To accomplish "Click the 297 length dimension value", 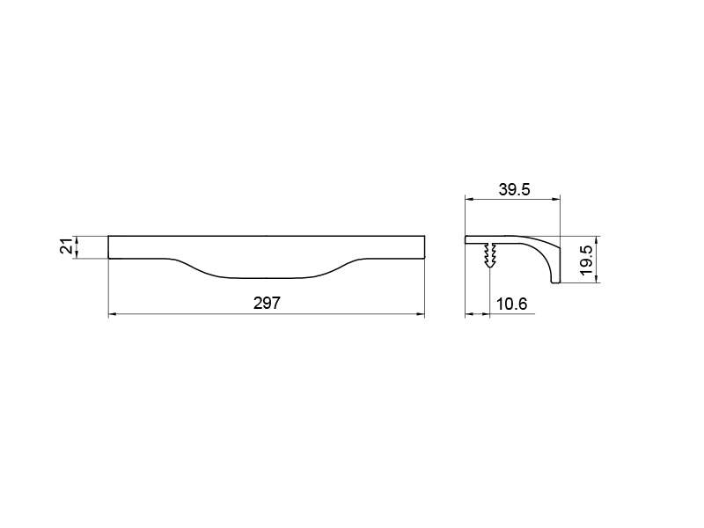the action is tap(267, 303).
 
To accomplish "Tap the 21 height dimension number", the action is tap(67, 246).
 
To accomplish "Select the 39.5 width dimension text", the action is tap(514, 189).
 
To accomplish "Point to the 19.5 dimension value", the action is tap(586, 260).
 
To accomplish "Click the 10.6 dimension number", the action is tap(511, 304).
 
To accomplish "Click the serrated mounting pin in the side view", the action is tap(490, 254).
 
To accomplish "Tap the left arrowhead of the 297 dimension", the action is tap(113, 314).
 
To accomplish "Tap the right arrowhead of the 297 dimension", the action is tap(421, 314).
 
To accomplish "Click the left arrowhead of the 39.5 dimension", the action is tap(469, 198).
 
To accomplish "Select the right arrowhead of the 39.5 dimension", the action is tap(556, 198).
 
